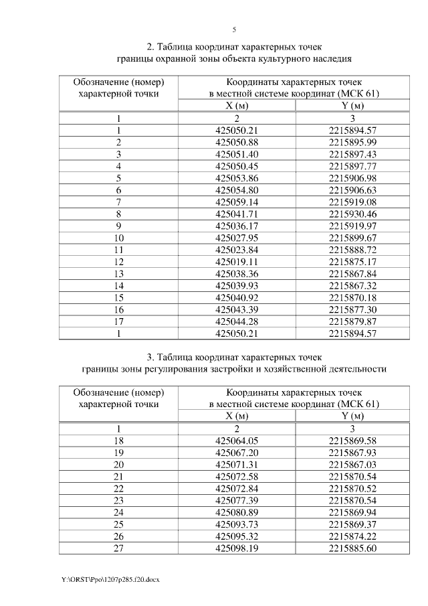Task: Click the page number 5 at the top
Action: point(234,29)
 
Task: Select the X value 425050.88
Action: point(237,143)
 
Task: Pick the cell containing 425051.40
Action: point(237,154)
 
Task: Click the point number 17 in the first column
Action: point(118,321)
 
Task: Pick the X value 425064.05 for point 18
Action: point(237,441)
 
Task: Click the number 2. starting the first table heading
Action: point(150,47)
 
